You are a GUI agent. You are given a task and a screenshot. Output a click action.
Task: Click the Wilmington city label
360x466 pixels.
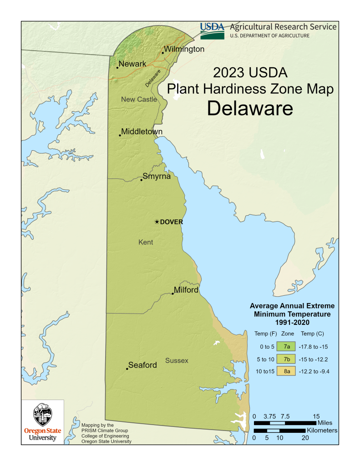point(184,49)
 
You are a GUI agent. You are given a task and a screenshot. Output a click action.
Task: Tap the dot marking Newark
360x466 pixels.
point(117,68)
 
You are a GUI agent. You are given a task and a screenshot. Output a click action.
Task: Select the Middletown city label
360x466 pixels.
point(142,132)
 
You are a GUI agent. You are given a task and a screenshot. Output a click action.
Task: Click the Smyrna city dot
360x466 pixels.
point(142,180)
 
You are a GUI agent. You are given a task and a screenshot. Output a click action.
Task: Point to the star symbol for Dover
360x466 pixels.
point(157,222)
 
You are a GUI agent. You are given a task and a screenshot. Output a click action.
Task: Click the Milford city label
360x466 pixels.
point(186,290)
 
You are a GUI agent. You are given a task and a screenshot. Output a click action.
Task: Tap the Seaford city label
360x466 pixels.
point(142,365)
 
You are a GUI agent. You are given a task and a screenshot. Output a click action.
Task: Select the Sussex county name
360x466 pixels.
point(177,361)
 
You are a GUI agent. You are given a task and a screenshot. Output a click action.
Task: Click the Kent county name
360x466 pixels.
point(146,242)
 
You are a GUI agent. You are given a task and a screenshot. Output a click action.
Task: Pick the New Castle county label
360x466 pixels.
point(139,99)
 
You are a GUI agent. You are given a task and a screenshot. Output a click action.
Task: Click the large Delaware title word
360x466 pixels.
point(250,108)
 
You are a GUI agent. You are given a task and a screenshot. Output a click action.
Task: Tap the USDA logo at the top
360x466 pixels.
point(213,30)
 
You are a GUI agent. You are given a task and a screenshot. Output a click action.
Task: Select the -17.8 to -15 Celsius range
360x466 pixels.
point(314,347)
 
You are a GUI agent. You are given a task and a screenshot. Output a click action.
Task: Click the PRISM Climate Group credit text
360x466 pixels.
point(104,430)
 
